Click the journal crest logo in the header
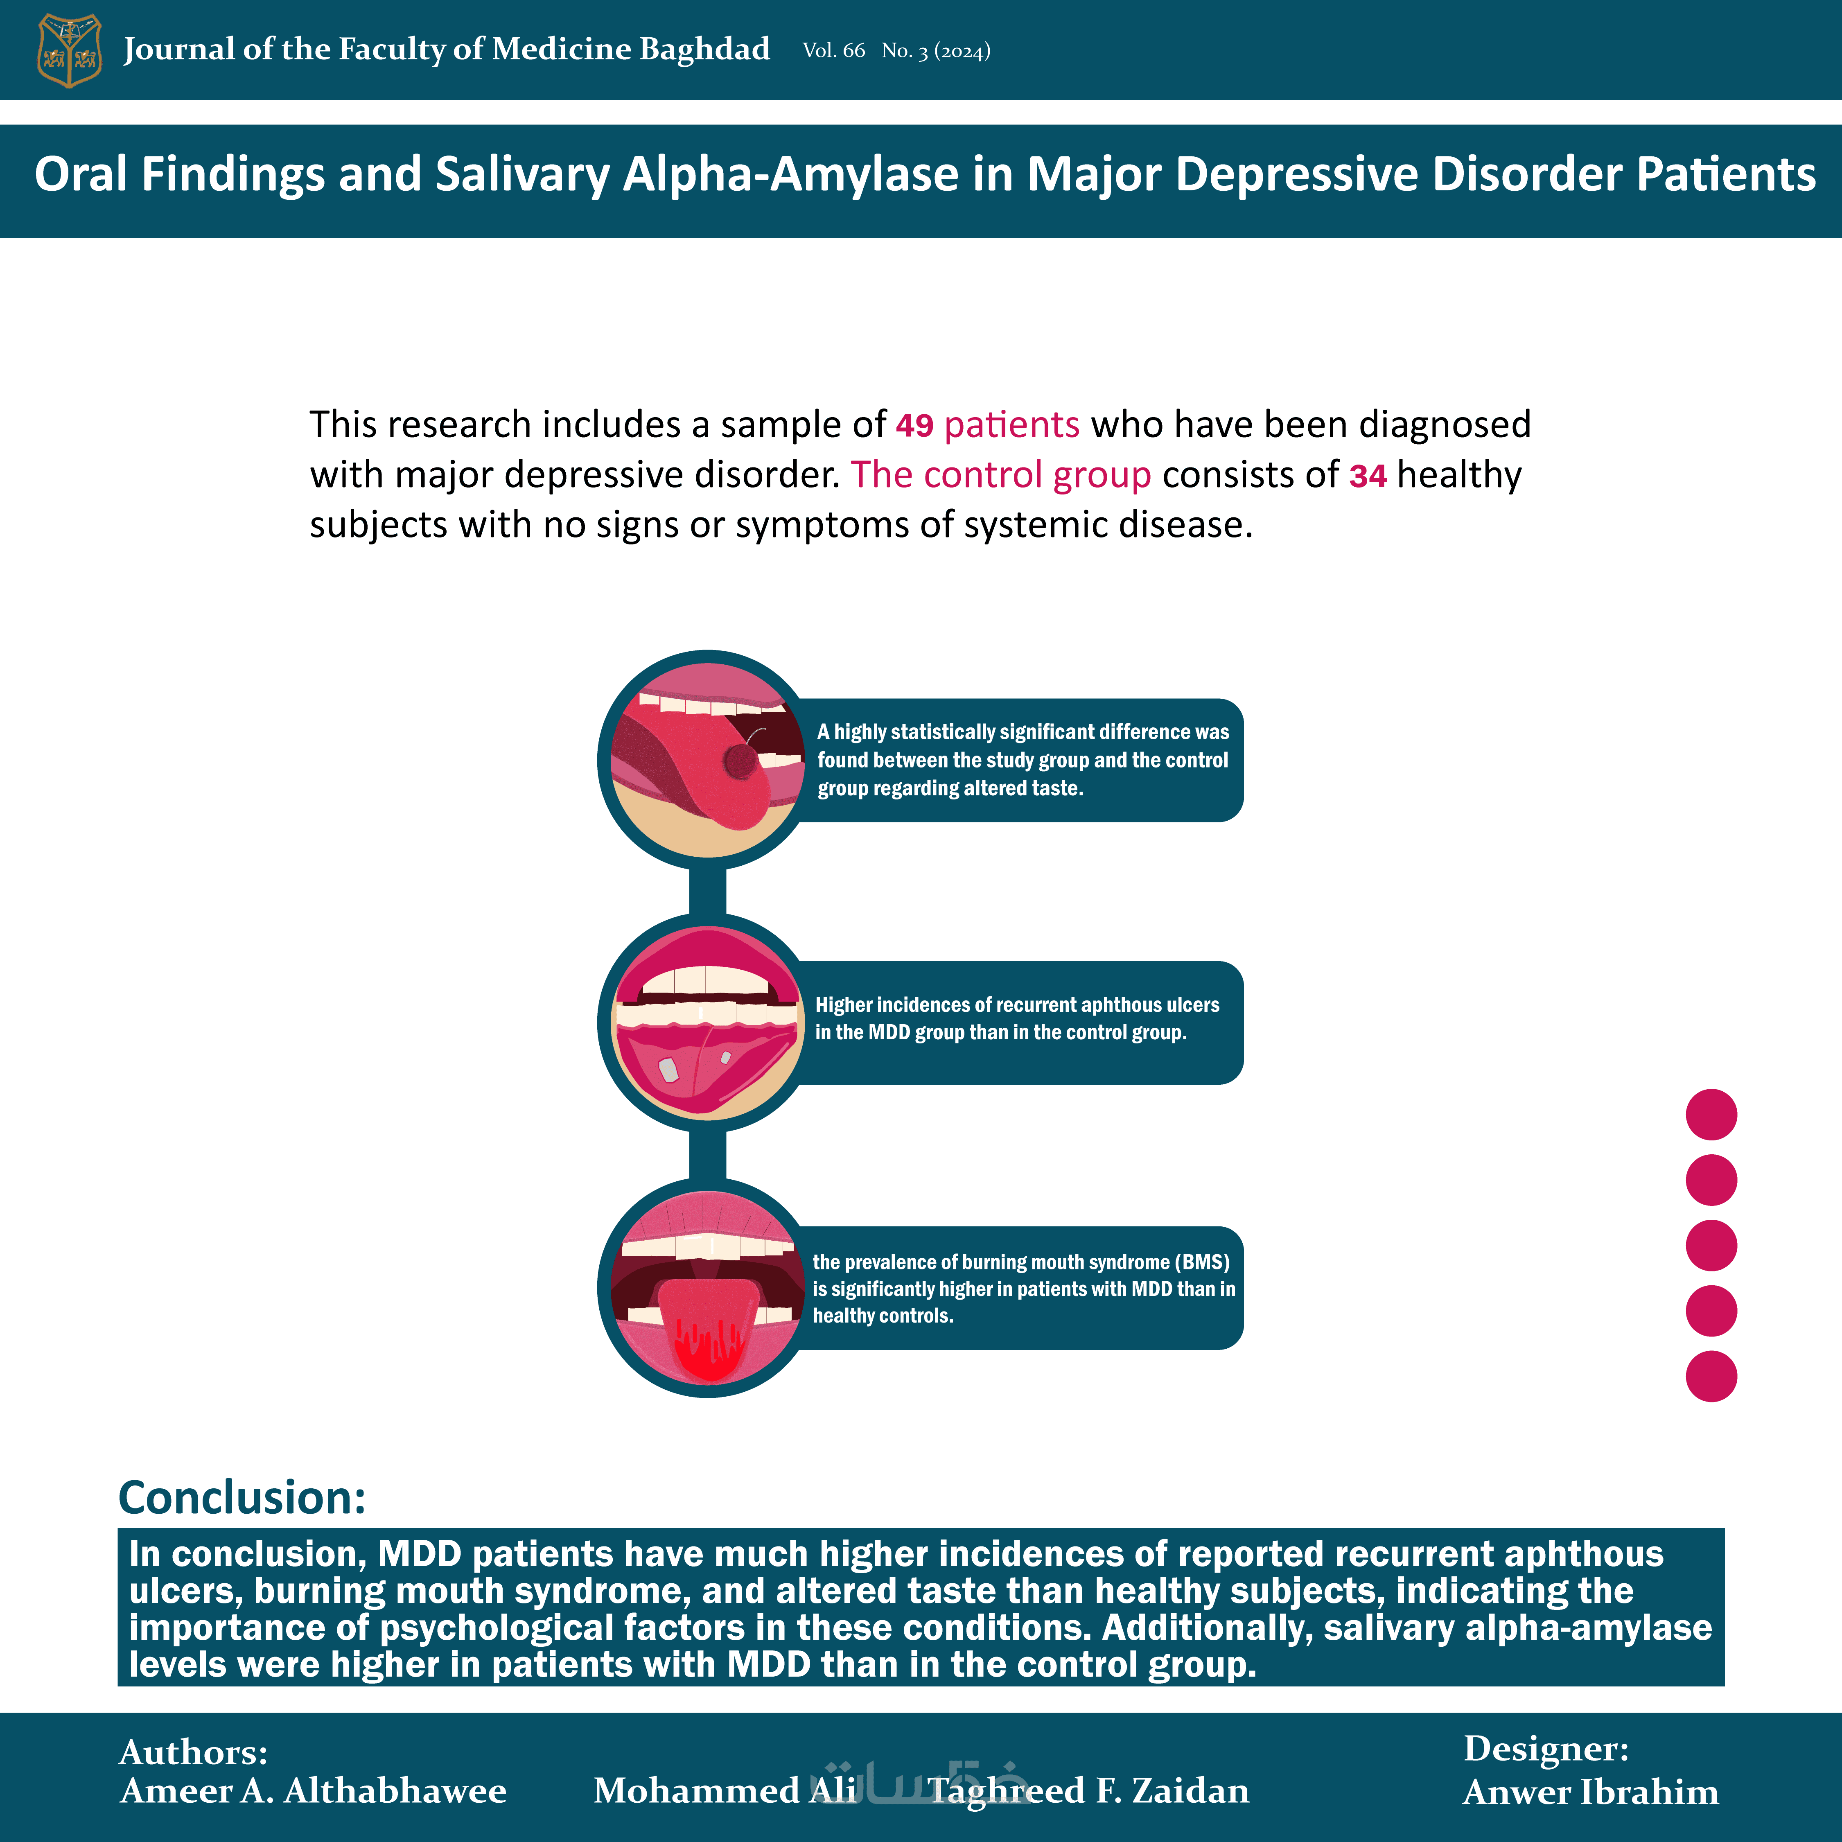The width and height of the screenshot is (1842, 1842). click(69, 50)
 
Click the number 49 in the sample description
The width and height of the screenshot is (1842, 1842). click(914, 425)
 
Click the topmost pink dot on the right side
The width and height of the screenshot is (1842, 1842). click(1711, 1115)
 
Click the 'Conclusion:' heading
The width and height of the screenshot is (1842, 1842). click(242, 1498)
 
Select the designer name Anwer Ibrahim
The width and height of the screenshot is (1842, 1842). click(1590, 1792)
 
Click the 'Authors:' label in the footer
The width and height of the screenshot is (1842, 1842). click(194, 1752)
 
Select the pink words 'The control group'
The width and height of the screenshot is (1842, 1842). click(1001, 475)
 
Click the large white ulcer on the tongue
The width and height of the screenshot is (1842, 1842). click(669, 1070)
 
